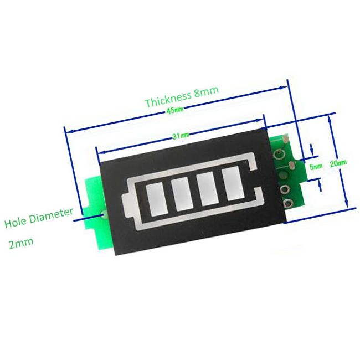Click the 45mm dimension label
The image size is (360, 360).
(175, 110)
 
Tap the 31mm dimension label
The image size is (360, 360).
(181, 136)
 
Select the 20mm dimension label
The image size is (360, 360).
(338, 163)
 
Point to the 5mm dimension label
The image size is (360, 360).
(316, 166)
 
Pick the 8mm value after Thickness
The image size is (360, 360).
(207, 91)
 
